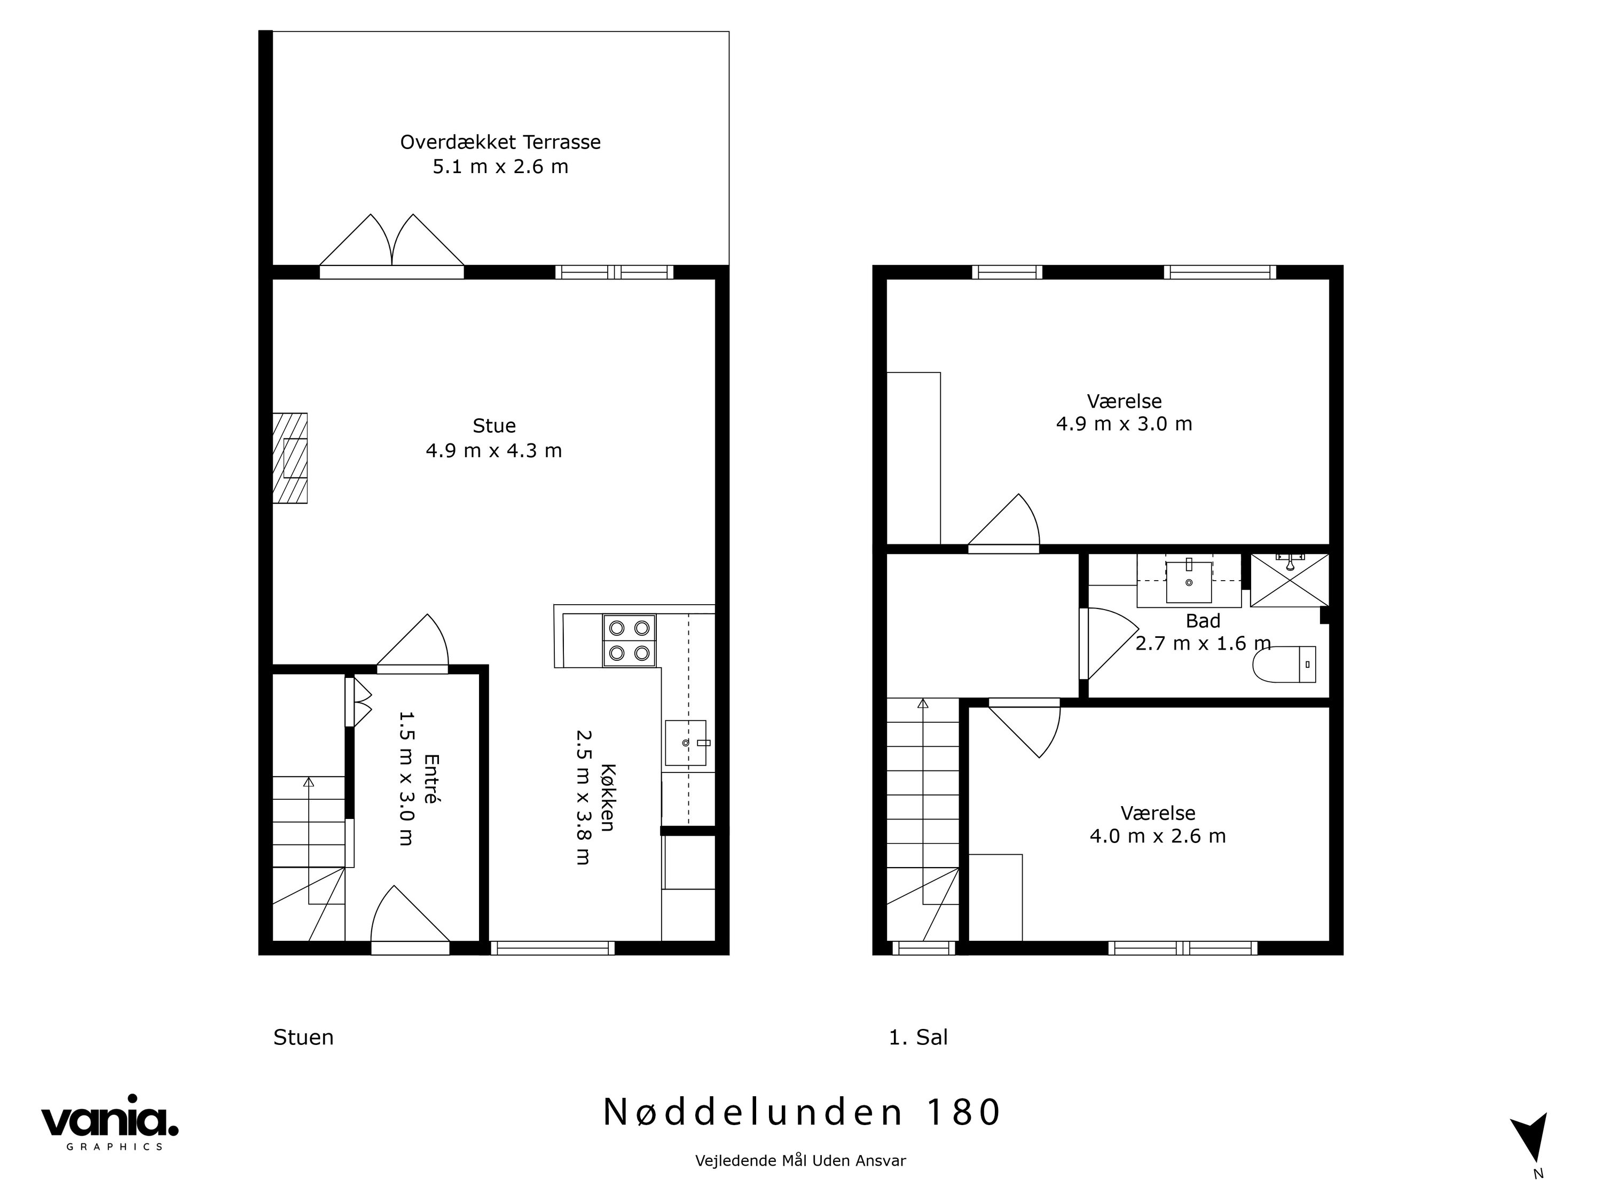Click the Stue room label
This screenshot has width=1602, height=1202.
tap(494, 425)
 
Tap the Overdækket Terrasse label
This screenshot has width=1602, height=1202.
tap(500, 142)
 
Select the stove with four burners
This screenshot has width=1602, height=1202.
tap(629, 641)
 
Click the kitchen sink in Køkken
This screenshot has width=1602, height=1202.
tap(685, 743)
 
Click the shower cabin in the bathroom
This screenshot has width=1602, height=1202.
tap(1289, 580)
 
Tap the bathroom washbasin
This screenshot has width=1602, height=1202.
tap(1189, 581)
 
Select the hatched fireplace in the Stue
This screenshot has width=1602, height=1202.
tap(289, 458)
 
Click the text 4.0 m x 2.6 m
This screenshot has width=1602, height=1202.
tap(1157, 836)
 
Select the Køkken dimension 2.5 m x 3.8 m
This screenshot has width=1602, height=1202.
tap(584, 797)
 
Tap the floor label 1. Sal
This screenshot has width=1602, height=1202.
tap(917, 1037)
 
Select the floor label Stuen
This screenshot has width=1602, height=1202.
tap(303, 1037)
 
